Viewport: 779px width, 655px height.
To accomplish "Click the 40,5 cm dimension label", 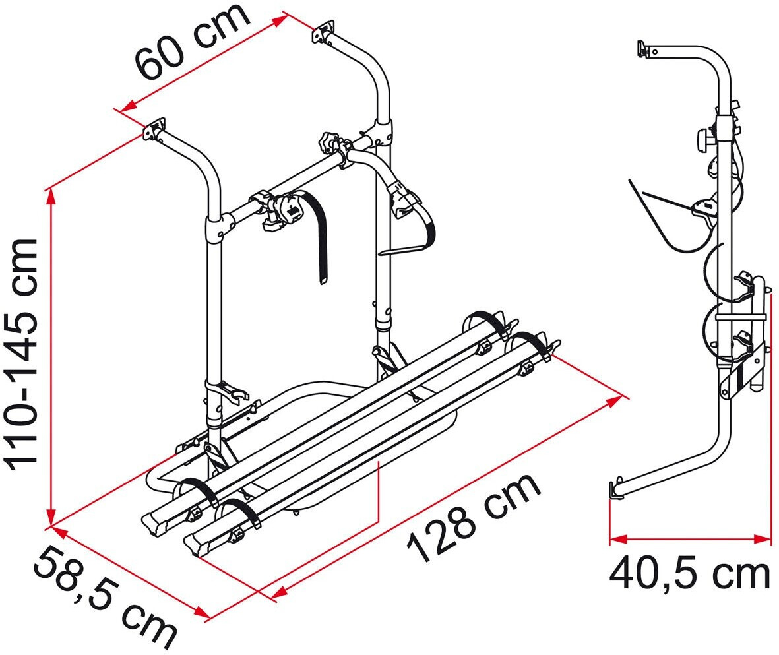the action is tap(689, 574).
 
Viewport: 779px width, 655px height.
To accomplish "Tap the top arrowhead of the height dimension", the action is tap(49, 197).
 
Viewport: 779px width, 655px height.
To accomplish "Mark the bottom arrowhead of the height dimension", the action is tap(49, 517).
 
